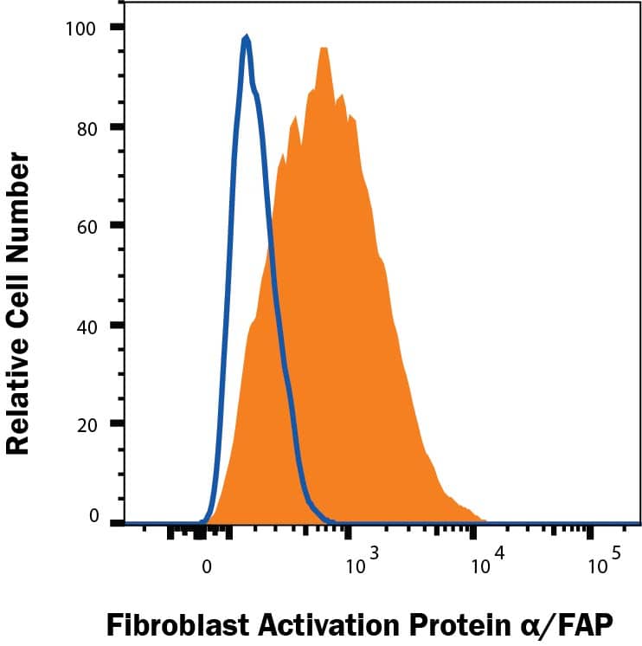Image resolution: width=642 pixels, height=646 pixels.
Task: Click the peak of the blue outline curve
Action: [247, 37]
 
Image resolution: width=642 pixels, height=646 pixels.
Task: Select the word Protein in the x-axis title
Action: [459, 622]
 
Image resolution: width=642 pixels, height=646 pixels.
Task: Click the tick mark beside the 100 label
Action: [117, 28]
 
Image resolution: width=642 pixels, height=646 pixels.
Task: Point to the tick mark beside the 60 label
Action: [117, 227]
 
